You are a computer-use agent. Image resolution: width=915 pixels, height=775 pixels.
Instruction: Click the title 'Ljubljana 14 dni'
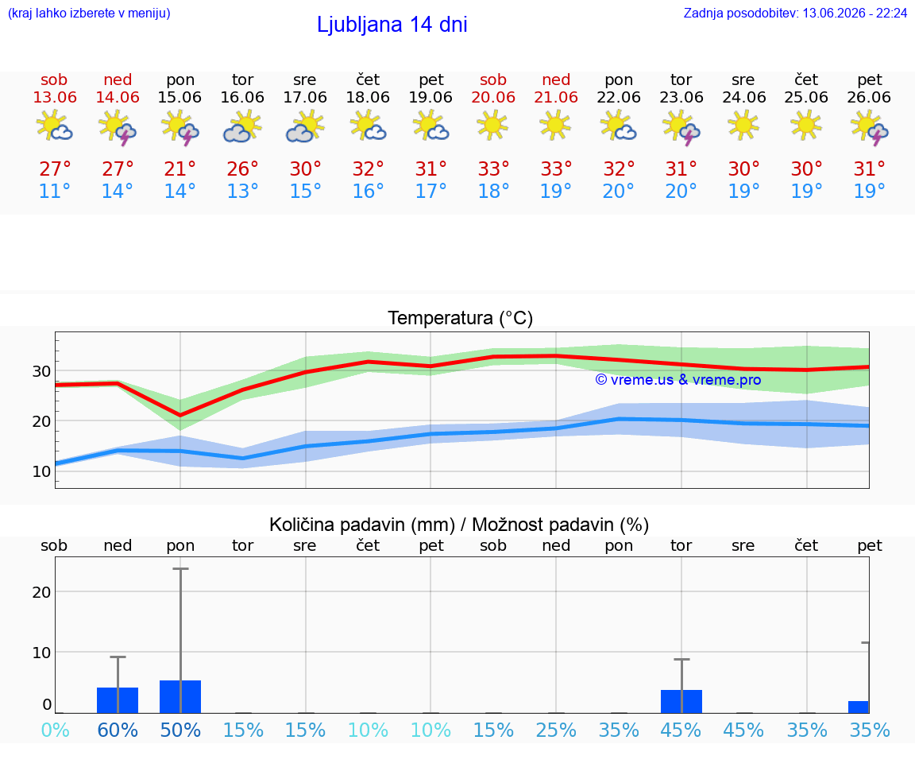tap(392, 25)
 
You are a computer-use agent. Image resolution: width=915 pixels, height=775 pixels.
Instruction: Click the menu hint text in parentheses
tap(89, 13)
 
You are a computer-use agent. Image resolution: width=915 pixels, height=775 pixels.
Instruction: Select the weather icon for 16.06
tap(242, 126)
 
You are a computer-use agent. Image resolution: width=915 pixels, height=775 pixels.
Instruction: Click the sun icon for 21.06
tap(555, 125)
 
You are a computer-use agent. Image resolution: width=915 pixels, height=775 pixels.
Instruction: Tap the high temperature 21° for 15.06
tap(180, 169)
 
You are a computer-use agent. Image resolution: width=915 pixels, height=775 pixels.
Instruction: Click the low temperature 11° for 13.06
tap(54, 191)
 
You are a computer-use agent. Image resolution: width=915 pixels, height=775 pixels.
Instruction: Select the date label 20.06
tap(493, 97)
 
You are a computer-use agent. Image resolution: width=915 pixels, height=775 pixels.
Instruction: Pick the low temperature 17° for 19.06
tap(430, 191)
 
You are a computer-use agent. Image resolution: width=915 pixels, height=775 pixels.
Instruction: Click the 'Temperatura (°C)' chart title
tap(461, 318)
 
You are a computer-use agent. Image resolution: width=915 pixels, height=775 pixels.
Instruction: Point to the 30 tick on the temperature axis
tap(41, 371)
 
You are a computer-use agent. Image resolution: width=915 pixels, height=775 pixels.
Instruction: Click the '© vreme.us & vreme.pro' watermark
tap(678, 380)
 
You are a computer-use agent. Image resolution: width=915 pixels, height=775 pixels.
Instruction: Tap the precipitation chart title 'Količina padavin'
tap(362, 525)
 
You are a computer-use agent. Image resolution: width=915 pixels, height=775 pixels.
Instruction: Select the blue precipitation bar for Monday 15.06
tap(180, 697)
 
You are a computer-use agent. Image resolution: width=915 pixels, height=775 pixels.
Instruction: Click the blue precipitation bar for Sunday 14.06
tap(118, 700)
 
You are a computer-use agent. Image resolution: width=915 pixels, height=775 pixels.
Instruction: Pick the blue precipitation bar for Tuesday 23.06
tap(681, 701)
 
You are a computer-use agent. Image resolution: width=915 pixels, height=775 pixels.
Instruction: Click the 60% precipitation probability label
tap(118, 730)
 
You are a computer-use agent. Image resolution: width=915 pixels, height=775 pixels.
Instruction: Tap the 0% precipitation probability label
tap(56, 730)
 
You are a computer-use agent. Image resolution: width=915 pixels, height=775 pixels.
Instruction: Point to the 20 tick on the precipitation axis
tap(41, 592)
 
